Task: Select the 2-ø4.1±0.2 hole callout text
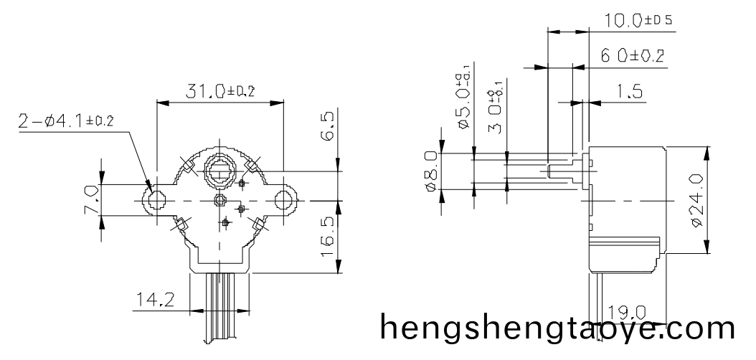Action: click(x=66, y=121)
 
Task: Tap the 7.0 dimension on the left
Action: click(x=90, y=200)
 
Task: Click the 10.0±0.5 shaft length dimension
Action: click(x=638, y=21)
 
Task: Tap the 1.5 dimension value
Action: click(x=628, y=92)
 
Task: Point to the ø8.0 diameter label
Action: click(x=430, y=171)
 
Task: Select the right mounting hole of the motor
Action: click(x=285, y=200)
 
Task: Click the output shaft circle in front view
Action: click(x=220, y=171)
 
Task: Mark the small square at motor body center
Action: click(x=221, y=200)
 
